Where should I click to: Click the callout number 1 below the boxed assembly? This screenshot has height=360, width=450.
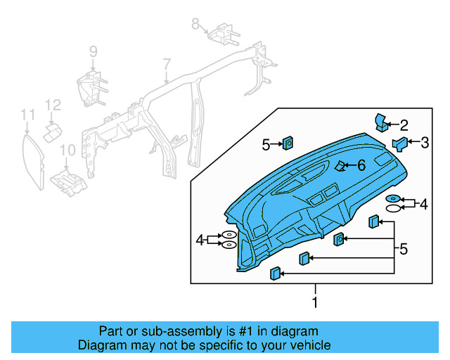pos(314,302)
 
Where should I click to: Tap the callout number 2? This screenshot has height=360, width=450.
pos(404,125)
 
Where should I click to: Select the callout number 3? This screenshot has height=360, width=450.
pos(424,143)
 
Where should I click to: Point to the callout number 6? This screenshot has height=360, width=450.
pos(361,165)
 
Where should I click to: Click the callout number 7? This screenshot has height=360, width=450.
pos(167,65)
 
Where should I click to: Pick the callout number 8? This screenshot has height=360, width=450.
pos(196,24)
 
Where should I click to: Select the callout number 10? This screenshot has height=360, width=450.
pos(67,150)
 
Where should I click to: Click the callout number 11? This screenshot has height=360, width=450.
pos(27,114)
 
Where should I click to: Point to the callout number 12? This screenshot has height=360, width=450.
pos(53,105)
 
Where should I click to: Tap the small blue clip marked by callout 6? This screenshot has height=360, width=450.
pos(340,167)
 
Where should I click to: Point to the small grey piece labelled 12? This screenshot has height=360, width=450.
pos(53,131)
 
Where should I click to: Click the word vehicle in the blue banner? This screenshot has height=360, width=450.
pos(303,345)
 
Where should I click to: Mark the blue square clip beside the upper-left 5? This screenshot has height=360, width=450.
pos(288,144)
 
